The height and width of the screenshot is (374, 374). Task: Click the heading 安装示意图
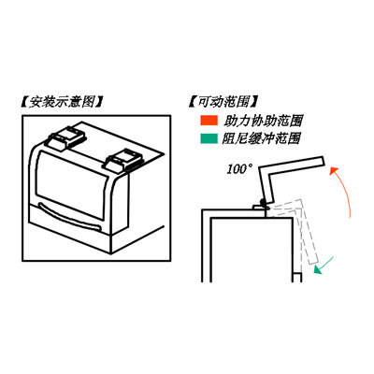61,102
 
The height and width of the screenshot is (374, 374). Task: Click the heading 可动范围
223,102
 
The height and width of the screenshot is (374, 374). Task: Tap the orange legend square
209,121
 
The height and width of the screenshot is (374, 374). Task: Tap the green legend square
209,138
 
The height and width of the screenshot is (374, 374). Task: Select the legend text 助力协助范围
263,121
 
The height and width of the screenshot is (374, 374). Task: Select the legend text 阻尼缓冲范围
262,138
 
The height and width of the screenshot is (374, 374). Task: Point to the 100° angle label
239,170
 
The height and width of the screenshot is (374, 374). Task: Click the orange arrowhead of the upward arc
334,171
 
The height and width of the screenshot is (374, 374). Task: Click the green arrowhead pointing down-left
318,270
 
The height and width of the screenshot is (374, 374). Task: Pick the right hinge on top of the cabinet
124,161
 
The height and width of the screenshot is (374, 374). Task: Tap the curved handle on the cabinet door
69,217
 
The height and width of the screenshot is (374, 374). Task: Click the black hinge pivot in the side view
264,202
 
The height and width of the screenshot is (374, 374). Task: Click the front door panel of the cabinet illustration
70,184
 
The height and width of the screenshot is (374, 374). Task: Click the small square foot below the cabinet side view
297,278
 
